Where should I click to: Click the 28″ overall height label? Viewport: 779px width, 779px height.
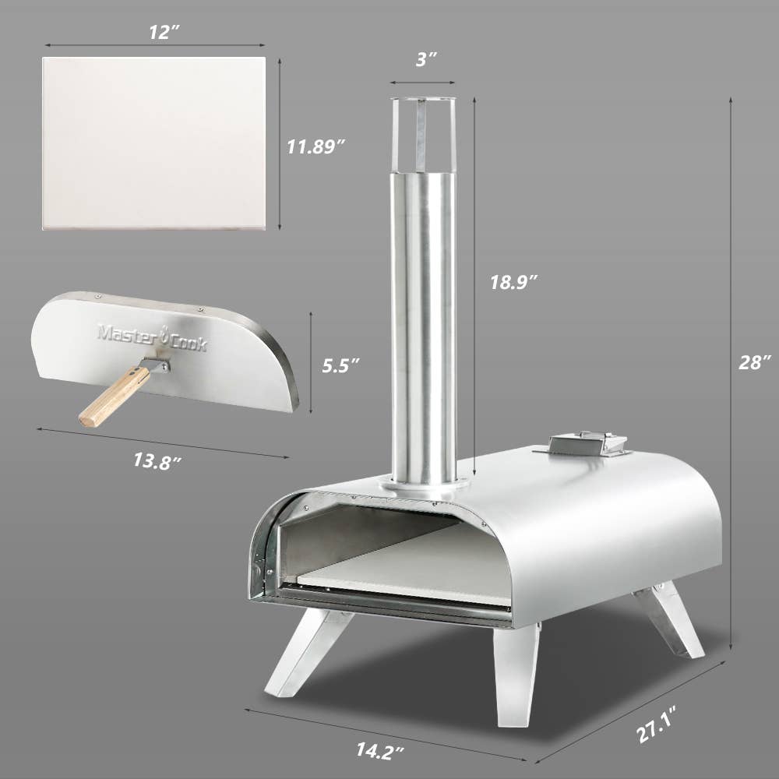coord(755,362)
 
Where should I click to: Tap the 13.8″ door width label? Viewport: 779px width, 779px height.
coord(157,459)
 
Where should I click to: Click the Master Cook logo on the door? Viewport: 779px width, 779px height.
coord(152,337)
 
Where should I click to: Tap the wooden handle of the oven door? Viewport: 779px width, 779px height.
coord(114,397)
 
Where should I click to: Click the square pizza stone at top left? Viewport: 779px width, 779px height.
coord(154,143)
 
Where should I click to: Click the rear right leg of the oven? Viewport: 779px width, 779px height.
coord(668,619)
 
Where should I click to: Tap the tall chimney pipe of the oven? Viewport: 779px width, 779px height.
coord(424,327)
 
